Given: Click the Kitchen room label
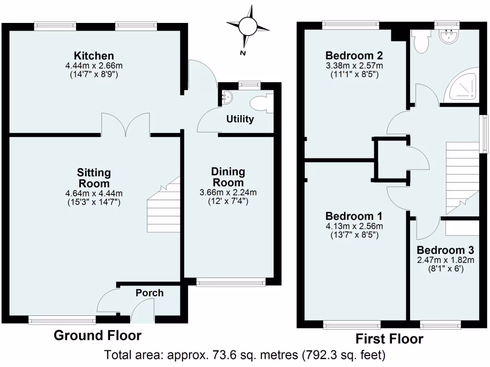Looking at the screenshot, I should tap(93, 56).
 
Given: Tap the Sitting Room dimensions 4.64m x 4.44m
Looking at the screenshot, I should tap(94, 193).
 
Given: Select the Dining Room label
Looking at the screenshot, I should tap(228, 177).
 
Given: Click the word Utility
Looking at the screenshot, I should tap(240, 119).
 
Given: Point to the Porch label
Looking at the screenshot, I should tap(150, 292).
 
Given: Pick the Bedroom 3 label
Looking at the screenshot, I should tap(445, 250).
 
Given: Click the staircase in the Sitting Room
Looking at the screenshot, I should tap(163, 205).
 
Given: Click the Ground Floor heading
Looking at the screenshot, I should tap(97, 335).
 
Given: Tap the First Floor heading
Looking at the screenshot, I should tap(389, 339).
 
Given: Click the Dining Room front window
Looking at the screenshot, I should tap(231, 283).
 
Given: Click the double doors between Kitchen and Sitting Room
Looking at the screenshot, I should tap(126, 125).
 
